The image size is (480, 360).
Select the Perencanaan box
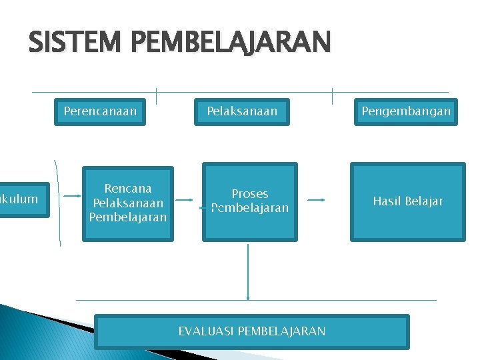pyautogui.click(x=100, y=111)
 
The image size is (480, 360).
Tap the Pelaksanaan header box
pyautogui.click(x=242, y=111)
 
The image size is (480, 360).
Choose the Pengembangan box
pyautogui.click(x=406, y=111)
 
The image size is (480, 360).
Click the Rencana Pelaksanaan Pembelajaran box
pyautogui.click(x=128, y=203)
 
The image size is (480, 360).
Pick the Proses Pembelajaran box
pyautogui.click(x=250, y=201)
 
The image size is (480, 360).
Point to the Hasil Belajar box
pyautogui.click(x=407, y=201)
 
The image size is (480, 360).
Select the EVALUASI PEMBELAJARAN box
pyautogui.click(x=251, y=331)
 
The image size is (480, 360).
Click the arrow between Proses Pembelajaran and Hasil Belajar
pyautogui.click(x=316, y=199)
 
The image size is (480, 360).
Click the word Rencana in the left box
pyautogui.click(x=128, y=189)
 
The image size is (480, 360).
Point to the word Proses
pyautogui.click(x=250, y=194)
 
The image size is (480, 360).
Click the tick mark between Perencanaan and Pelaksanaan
pyautogui.click(x=156, y=96)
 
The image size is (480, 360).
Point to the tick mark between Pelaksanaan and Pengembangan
pyautogui.click(x=332, y=96)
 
